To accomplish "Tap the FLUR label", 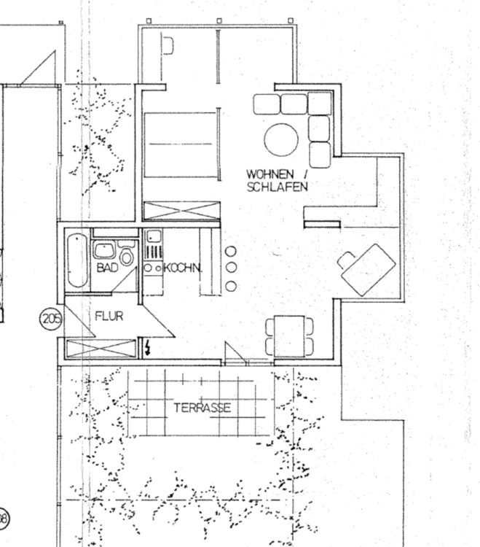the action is pyautogui.click(x=109, y=317).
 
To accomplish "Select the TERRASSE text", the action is pyautogui.click(x=202, y=408).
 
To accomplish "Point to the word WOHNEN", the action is pyautogui.click(x=269, y=174).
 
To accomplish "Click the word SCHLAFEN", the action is pyautogui.click(x=277, y=187).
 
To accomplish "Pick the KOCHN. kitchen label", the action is pyautogui.click(x=183, y=268).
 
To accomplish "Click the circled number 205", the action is pyautogui.click(x=50, y=318).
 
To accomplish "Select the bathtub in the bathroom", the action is pyautogui.click(x=76, y=260).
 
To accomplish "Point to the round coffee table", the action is pyautogui.click(x=281, y=139).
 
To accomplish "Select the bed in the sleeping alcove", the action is pyautogui.click(x=181, y=144).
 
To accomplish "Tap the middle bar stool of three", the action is pyautogui.click(x=231, y=268).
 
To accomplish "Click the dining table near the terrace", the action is pyautogui.click(x=289, y=336).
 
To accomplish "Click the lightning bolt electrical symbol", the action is pyautogui.click(x=149, y=346).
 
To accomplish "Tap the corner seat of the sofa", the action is pyautogui.click(x=318, y=104).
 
